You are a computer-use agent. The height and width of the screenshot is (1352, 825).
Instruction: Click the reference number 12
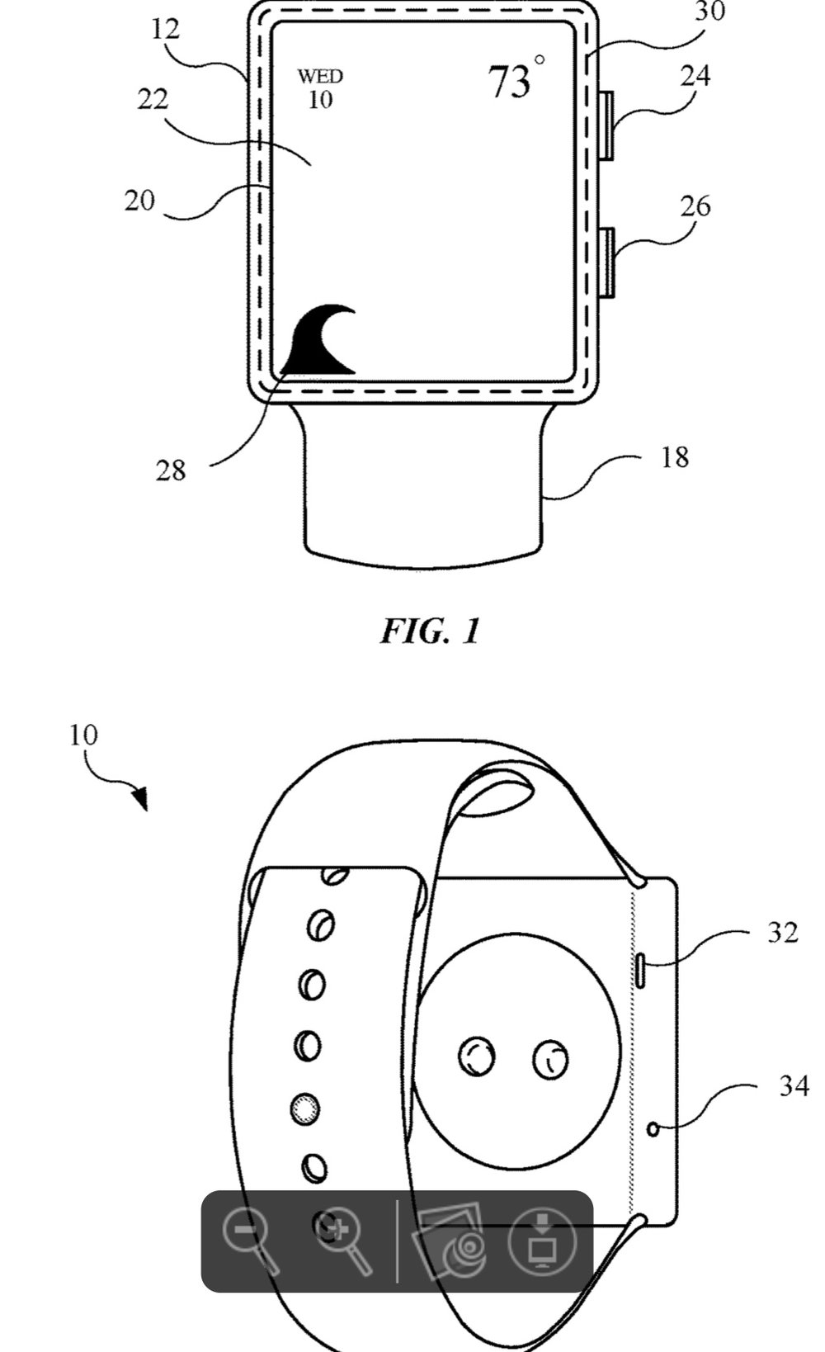[x=165, y=29]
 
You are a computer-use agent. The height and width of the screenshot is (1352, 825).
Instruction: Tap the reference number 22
[x=153, y=99]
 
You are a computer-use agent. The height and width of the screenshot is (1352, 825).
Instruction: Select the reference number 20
[x=140, y=201]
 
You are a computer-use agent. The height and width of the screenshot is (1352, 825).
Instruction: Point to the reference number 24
[x=695, y=77]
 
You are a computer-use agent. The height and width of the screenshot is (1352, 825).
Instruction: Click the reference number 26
[x=695, y=207]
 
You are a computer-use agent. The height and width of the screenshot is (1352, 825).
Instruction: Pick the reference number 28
[x=171, y=470]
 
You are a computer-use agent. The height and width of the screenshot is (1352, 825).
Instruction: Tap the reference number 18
[x=675, y=457]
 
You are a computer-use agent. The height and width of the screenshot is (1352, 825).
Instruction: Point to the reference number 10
[x=84, y=735]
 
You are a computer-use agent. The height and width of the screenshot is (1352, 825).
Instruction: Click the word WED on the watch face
[x=320, y=77]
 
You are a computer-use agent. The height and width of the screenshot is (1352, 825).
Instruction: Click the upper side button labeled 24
[x=606, y=125]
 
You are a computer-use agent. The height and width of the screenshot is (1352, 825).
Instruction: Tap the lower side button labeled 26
[x=606, y=262]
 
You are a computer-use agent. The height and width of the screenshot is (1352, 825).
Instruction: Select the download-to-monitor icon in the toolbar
[x=542, y=1241]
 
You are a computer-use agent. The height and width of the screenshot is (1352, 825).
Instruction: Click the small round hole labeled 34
[x=653, y=1128]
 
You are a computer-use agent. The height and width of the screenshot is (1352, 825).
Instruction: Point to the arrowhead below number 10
[x=140, y=798]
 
